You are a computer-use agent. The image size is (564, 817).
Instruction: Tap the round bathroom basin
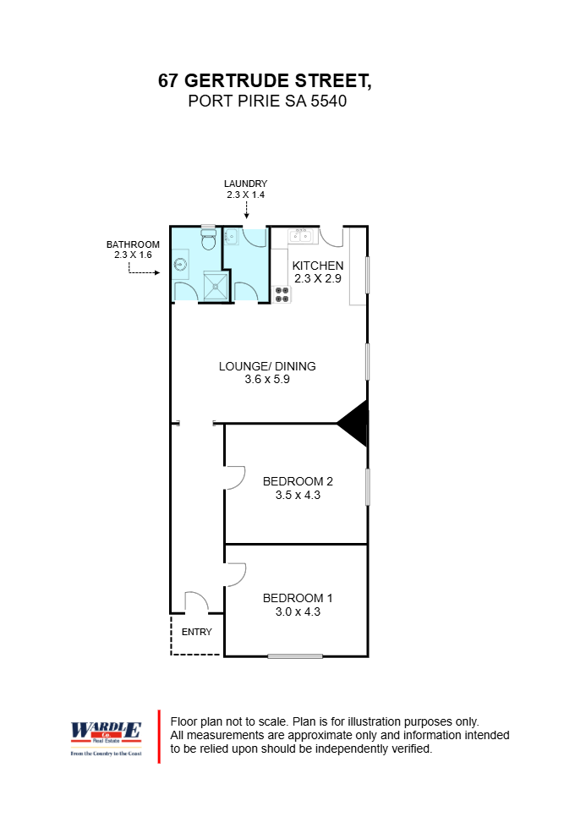(180, 266)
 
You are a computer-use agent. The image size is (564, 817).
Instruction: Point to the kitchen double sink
(301, 236)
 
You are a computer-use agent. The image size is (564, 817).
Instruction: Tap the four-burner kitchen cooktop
(282, 294)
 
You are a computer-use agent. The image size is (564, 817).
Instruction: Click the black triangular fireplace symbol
(355, 423)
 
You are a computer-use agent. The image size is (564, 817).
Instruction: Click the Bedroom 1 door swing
(235, 574)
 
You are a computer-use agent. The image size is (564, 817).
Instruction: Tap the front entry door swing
(196, 602)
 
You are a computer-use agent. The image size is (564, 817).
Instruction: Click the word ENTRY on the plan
(197, 632)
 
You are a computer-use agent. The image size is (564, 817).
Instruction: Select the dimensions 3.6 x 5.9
(267, 379)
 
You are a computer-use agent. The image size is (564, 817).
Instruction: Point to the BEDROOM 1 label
(291, 596)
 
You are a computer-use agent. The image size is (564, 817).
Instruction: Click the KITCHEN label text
(318, 265)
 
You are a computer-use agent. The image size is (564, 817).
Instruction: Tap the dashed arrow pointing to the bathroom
(145, 272)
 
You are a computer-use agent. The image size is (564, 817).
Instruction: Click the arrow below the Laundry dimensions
(246, 216)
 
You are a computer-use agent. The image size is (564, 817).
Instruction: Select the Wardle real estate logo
(105, 736)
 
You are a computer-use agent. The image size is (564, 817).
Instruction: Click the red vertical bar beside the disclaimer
(159, 736)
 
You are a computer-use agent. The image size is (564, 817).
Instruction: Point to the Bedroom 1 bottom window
(295, 656)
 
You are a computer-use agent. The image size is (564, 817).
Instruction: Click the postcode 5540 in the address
(329, 101)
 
